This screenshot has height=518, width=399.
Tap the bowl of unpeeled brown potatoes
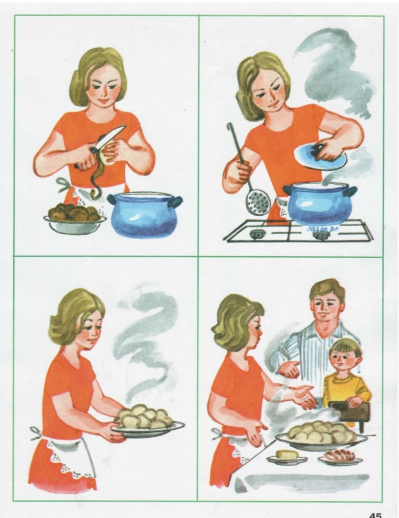point(75,219)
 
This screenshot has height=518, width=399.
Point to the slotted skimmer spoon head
point(258,202)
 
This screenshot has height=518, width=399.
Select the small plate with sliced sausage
point(340,458)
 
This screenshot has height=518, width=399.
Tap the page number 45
point(375,515)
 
